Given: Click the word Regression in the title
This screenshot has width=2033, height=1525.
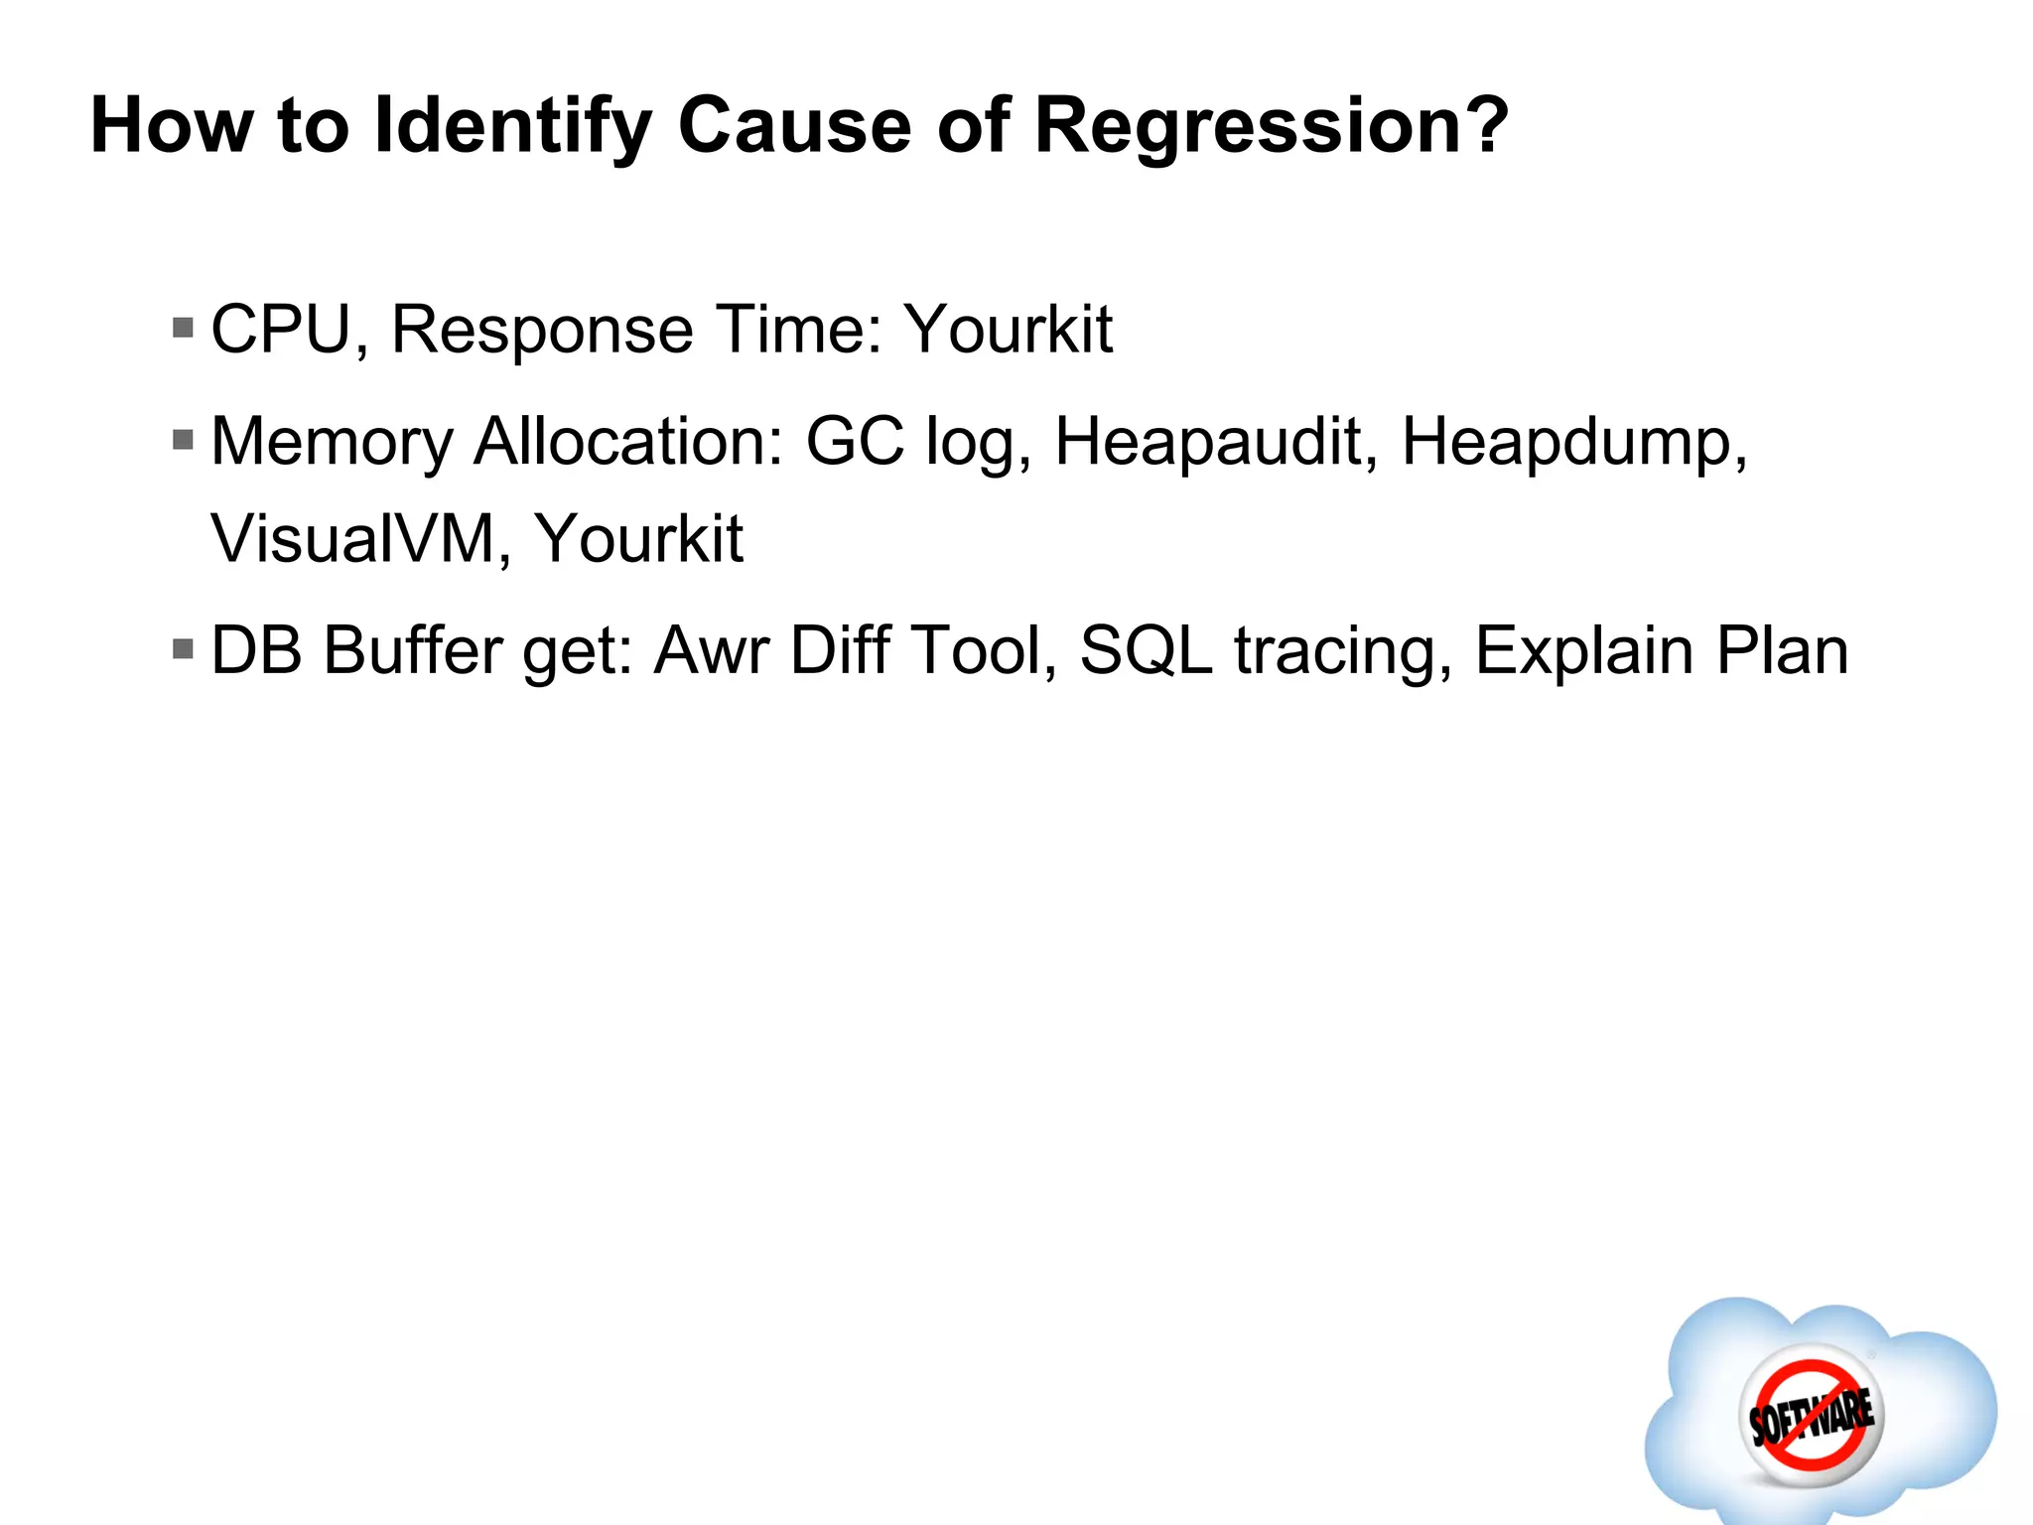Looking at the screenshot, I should coord(1271,127).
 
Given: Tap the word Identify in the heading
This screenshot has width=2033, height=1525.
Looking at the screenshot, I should coord(512,127).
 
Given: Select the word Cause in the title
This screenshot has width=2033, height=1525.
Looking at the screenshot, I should coord(794,127).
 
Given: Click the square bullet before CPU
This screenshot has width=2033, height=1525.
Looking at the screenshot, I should coord(183,328).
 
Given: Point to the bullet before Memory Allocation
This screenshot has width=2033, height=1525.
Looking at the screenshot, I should coord(183,439).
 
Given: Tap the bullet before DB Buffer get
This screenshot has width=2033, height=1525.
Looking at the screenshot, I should coord(183,649).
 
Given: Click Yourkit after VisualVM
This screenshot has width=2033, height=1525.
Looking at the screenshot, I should coord(639,539).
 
